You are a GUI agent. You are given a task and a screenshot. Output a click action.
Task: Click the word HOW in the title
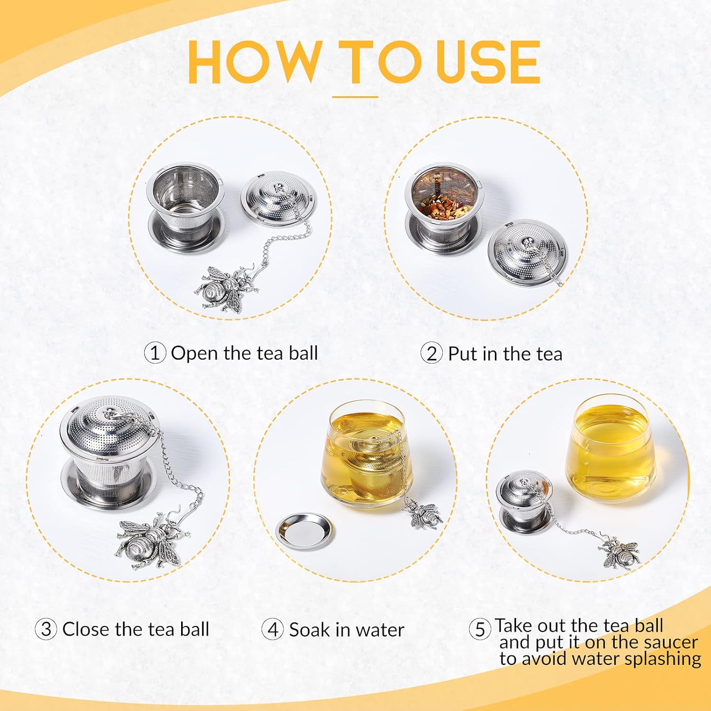(x=254, y=63)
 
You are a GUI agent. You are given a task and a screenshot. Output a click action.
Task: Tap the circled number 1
(x=155, y=353)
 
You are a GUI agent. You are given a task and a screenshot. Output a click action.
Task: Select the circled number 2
(x=432, y=354)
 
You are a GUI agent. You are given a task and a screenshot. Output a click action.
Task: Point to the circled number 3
(x=46, y=629)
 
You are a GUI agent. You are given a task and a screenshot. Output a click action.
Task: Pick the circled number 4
(x=273, y=630)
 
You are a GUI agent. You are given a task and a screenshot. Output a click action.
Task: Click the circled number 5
(x=480, y=629)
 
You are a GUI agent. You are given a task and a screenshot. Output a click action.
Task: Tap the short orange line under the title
(x=355, y=97)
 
